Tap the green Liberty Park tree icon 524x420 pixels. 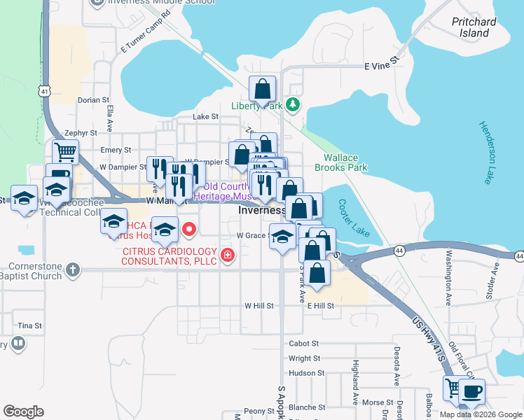(x=292, y=106)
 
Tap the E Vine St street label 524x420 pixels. (x=381, y=66)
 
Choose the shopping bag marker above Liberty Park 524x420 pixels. (x=262, y=90)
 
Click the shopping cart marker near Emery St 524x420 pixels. (x=64, y=152)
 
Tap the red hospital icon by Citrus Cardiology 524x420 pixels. (x=227, y=255)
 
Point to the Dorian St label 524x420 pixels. (x=94, y=101)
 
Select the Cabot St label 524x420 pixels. (x=304, y=344)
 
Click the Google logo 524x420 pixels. (x=23, y=412)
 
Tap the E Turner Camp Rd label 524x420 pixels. (x=146, y=31)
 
